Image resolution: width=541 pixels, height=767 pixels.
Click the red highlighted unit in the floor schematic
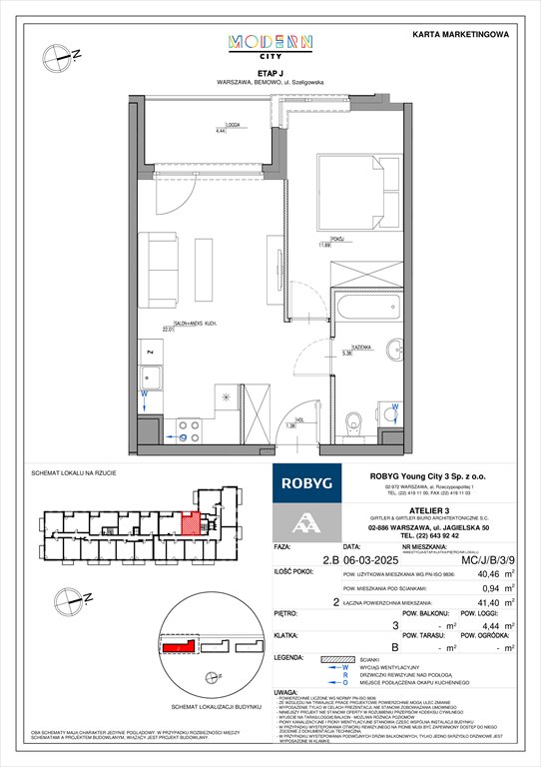[189, 522]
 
